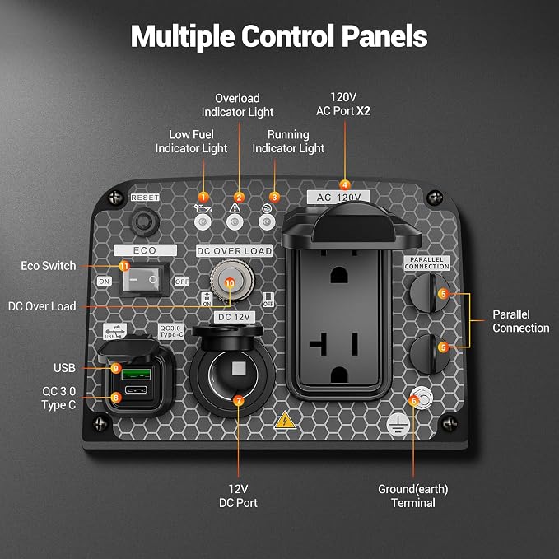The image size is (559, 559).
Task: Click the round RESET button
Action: [144, 222]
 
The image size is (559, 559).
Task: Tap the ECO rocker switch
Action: [144, 280]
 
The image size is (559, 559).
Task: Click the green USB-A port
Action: [136, 375]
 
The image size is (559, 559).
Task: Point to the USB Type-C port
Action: [136, 389]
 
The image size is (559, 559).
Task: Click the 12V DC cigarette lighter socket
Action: [232, 375]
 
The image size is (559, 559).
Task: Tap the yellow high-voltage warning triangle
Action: [285, 420]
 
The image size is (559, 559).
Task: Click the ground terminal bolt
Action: [422, 398]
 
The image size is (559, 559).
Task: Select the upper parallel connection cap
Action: [430, 293]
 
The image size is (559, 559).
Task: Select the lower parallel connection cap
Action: [430, 354]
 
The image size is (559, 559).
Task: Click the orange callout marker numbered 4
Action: [344, 185]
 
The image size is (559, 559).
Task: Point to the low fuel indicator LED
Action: [203, 222]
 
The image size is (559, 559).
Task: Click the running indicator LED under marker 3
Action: [267, 222]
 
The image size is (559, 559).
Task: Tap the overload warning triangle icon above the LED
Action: [235, 207]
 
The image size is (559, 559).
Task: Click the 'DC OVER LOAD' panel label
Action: [235, 251]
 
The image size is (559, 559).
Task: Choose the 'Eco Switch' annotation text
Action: [49, 266]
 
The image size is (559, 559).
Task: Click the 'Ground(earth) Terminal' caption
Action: [413, 496]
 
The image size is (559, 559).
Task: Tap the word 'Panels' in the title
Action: [384, 36]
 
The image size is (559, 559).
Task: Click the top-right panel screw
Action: [435, 198]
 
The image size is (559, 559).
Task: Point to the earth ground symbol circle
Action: [398, 425]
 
